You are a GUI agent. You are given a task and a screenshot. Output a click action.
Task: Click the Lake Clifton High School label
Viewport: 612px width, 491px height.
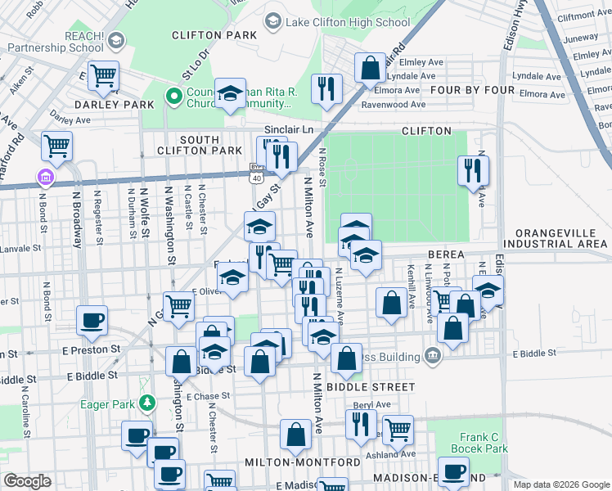(x=348, y=22)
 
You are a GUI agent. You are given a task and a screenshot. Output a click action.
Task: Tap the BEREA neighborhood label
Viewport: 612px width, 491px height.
(x=446, y=255)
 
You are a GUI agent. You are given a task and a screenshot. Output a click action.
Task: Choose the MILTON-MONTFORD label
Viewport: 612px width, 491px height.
(x=302, y=462)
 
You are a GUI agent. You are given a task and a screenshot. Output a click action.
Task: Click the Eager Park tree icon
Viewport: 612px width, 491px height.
(x=147, y=403)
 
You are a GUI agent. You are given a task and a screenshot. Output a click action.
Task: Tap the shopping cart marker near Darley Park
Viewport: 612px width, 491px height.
(x=104, y=75)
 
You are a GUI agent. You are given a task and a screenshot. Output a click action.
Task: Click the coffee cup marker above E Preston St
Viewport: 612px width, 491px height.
(x=92, y=319)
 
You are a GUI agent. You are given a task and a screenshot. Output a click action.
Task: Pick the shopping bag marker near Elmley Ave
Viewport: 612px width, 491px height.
(x=370, y=67)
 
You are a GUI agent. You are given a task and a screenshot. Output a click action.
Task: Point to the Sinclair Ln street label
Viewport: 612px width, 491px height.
(x=289, y=130)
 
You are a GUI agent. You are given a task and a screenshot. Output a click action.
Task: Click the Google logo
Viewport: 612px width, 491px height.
(x=26, y=481)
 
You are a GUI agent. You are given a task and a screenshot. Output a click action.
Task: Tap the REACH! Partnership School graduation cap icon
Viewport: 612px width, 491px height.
(x=116, y=40)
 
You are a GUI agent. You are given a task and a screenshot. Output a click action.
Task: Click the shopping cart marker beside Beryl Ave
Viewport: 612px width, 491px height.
(x=398, y=428)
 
